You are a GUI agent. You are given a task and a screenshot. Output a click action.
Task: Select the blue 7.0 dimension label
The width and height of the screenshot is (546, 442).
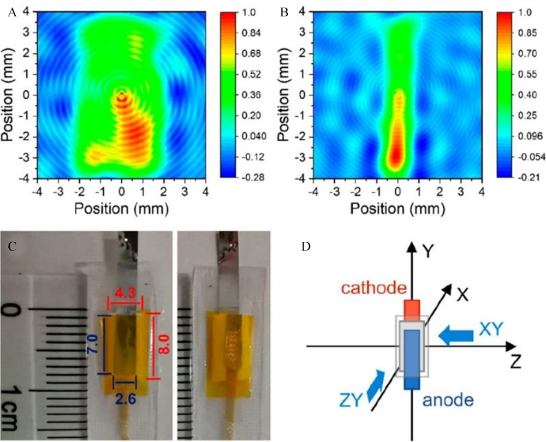click(x=91, y=345)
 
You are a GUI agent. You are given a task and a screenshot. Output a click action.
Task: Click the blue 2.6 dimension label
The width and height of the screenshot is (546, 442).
click(x=125, y=400)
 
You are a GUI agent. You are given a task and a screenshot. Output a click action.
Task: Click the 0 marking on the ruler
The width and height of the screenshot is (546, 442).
click(x=16, y=311)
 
